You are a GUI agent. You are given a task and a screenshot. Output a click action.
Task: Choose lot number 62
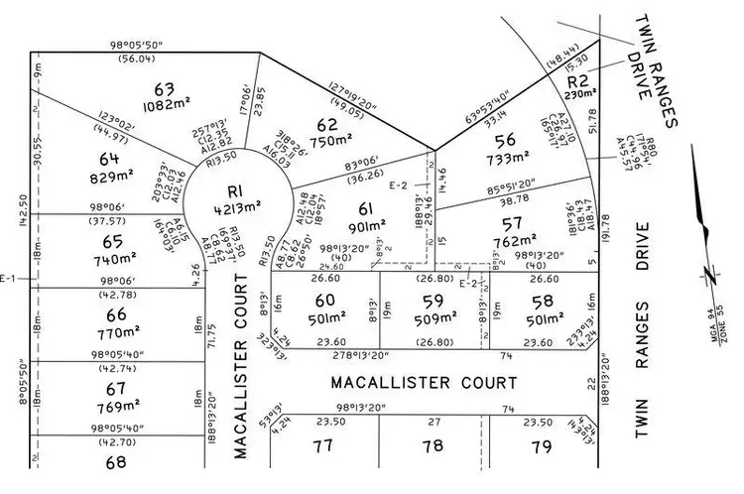tap(326, 125)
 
